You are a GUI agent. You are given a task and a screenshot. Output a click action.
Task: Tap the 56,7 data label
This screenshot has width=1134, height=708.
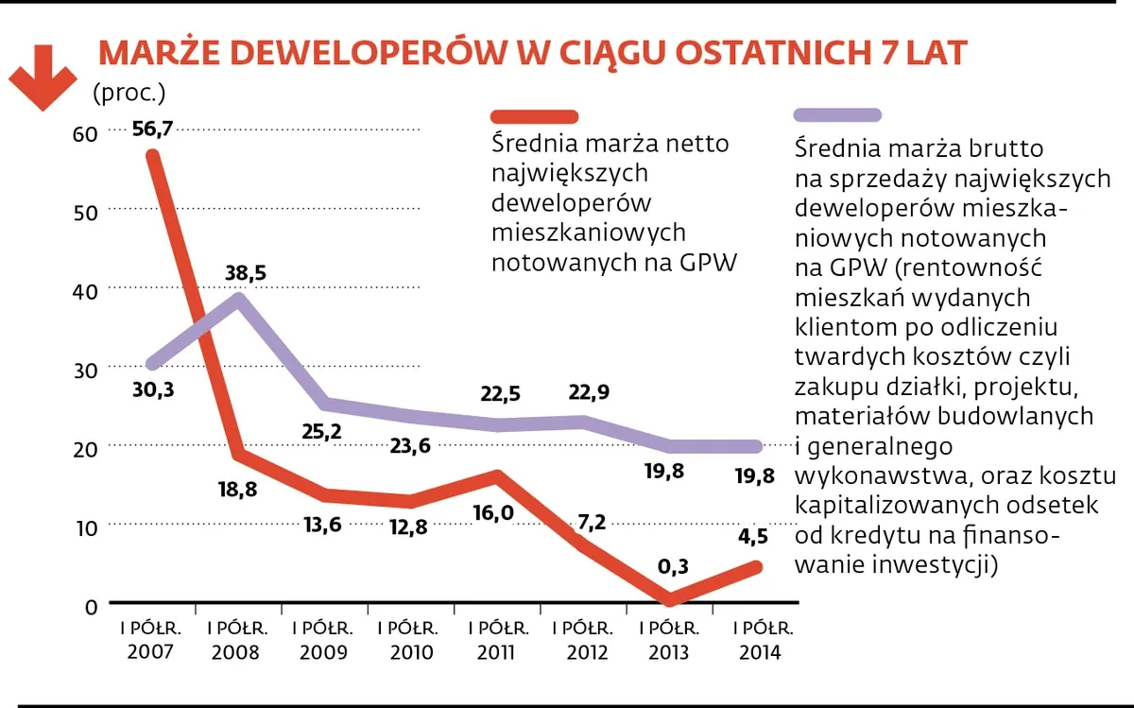click(x=152, y=130)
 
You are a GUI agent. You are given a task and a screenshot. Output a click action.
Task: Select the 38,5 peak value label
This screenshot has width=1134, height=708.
click(x=247, y=273)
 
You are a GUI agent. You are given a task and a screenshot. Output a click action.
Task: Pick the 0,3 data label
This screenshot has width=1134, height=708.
click(x=674, y=566)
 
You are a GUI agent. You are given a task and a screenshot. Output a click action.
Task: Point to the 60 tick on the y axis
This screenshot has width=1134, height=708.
click(x=84, y=134)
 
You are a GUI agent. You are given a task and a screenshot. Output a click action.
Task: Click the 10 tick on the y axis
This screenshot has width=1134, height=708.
click(x=84, y=527)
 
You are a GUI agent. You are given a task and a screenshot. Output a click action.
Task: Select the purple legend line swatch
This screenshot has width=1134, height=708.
click(x=837, y=115)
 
